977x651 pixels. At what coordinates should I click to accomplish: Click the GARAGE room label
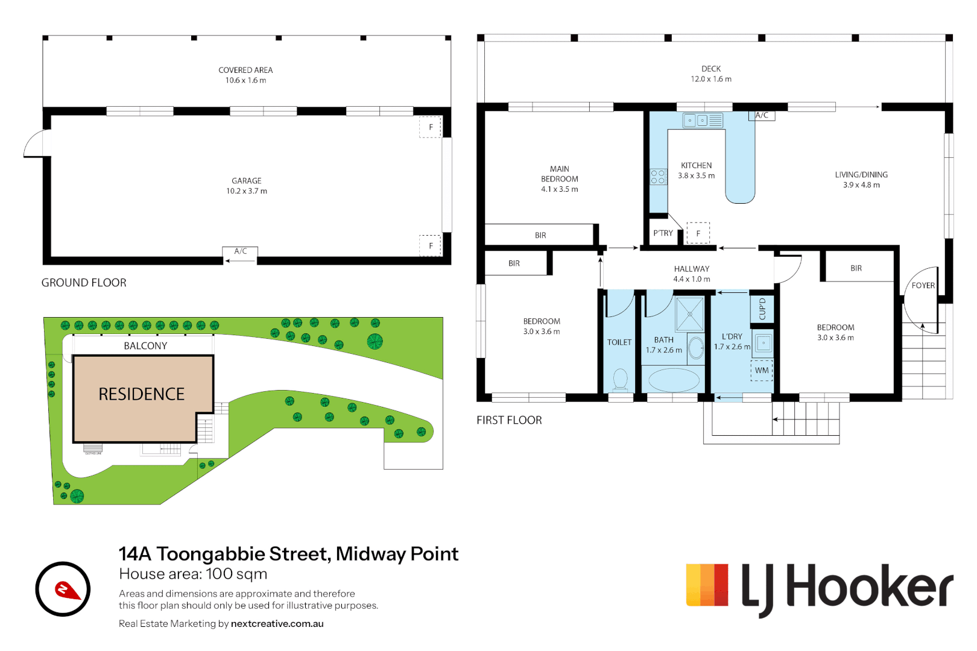[x=247, y=181]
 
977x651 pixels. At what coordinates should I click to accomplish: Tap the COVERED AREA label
[x=245, y=70]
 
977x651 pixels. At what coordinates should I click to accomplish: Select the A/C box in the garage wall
[x=240, y=251]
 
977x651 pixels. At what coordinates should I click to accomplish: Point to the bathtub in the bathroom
[x=673, y=380]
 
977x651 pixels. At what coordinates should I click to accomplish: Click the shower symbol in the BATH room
[x=689, y=313]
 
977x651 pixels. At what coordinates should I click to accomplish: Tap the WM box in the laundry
[x=762, y=370]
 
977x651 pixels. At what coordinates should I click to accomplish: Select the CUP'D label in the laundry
[x=762, y=309]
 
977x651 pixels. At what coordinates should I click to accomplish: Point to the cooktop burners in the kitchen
[x=658, y=177]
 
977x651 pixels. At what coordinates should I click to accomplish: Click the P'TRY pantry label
[x=663, y=233]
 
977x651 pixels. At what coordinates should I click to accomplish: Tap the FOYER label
[x=923, y=286]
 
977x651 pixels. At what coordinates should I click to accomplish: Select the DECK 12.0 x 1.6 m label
[x=711, y=74]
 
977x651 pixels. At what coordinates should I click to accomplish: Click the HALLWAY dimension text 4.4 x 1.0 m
[x=692, y=279]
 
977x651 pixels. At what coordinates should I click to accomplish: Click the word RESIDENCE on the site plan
[x=142, y=394]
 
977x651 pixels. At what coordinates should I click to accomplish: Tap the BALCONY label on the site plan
[x=145, y=346]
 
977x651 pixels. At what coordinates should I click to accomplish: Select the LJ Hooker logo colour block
[x=707, y=585]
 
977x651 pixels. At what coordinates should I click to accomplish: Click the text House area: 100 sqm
[x=193, y=574]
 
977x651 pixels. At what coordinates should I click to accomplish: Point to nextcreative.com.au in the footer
[x=277, y=624]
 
